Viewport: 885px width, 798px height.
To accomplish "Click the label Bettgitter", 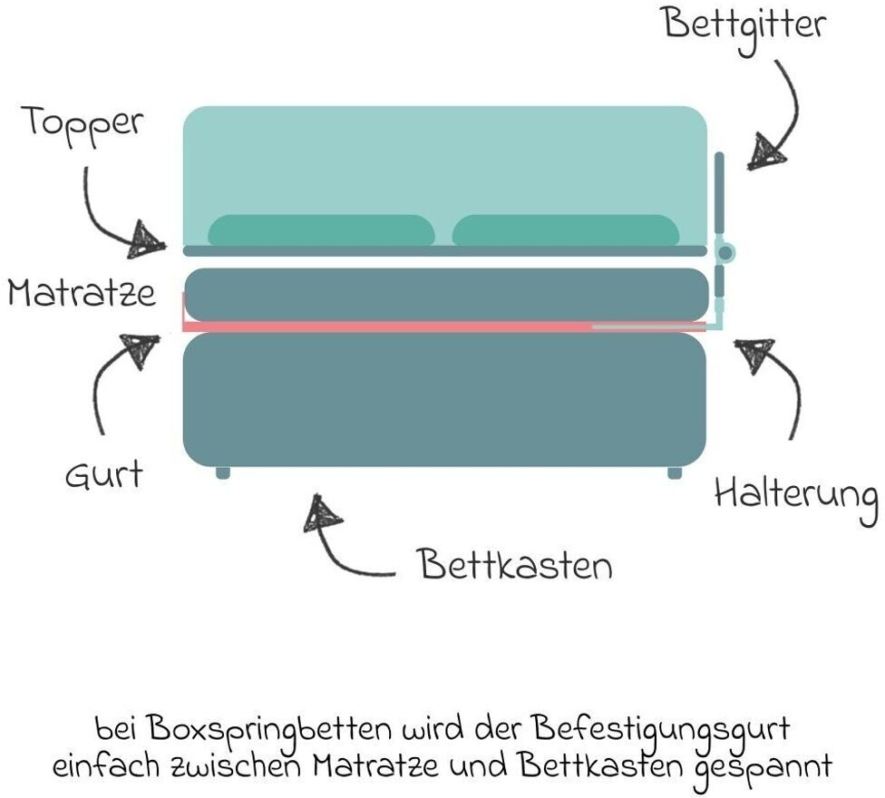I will [744, 24].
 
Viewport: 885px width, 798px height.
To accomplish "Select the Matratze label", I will [82, 294].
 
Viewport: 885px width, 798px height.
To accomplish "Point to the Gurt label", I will [103, 473].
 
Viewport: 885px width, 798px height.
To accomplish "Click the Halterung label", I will [795, 496].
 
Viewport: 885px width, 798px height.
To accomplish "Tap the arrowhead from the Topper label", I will [147, 238].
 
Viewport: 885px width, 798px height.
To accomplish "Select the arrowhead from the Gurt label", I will [141, 349].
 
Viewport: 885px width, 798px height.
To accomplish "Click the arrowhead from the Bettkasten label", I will [323, 514].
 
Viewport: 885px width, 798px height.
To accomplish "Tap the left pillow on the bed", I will [321, 230].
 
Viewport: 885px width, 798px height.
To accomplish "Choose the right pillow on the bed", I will [566, 230].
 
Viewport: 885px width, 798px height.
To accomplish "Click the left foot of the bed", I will [223, 472].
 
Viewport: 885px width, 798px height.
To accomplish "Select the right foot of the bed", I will [675, 472].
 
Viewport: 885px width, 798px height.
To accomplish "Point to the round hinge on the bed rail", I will [725, 251].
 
